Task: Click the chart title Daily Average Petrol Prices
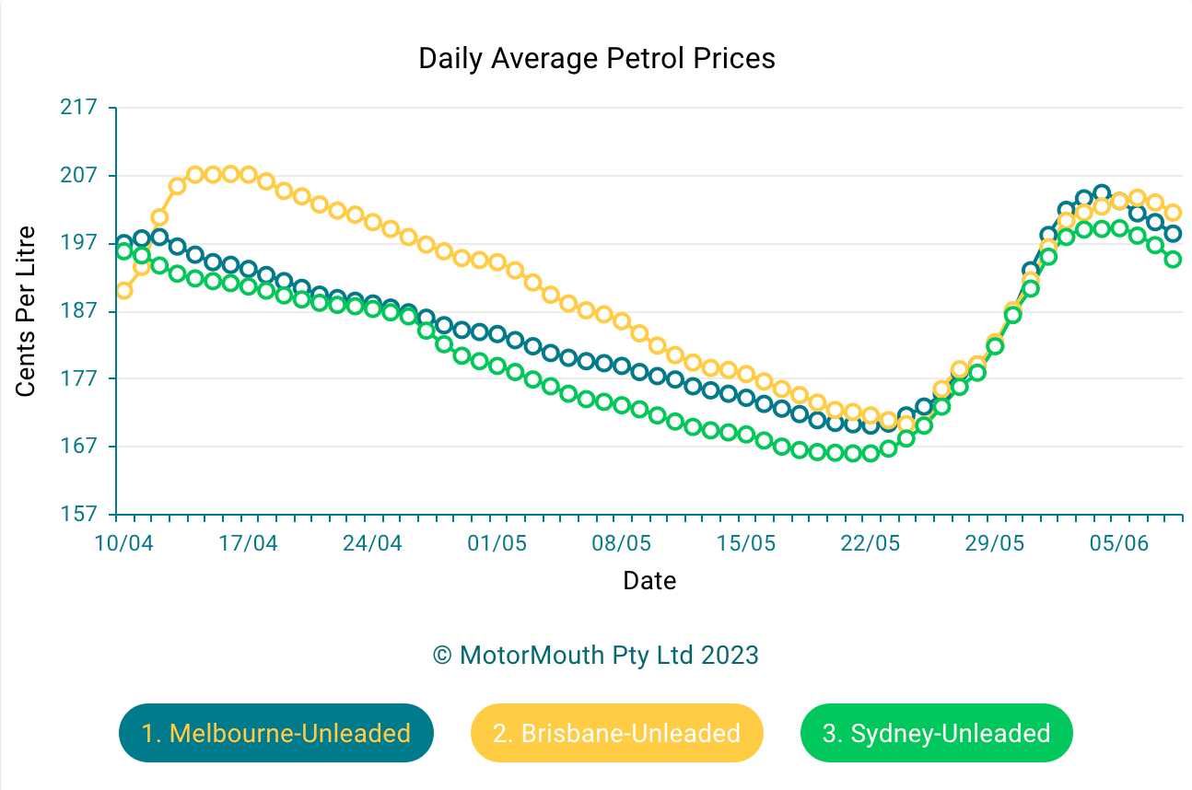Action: click(597, 58)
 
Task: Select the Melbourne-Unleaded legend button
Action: click(275, 733)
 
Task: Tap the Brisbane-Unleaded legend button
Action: click(616, 733)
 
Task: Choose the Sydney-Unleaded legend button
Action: click(936, 733)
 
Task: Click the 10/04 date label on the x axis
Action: click(123, 543)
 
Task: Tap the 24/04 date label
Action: click(372, 543)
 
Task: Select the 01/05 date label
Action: click(497, 543)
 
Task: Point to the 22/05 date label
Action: click(870, 543)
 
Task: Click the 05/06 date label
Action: click(1119, 543)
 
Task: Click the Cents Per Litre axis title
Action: click(26, 311)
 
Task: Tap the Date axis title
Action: click(649, 581)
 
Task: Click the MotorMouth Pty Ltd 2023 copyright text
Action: click(596, 656)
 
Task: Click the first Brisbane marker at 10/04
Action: click(123, 290)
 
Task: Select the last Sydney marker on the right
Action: click(1173, 260)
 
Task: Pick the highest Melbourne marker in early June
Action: click(1102, 193)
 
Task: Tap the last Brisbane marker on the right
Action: click(1173, 213)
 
